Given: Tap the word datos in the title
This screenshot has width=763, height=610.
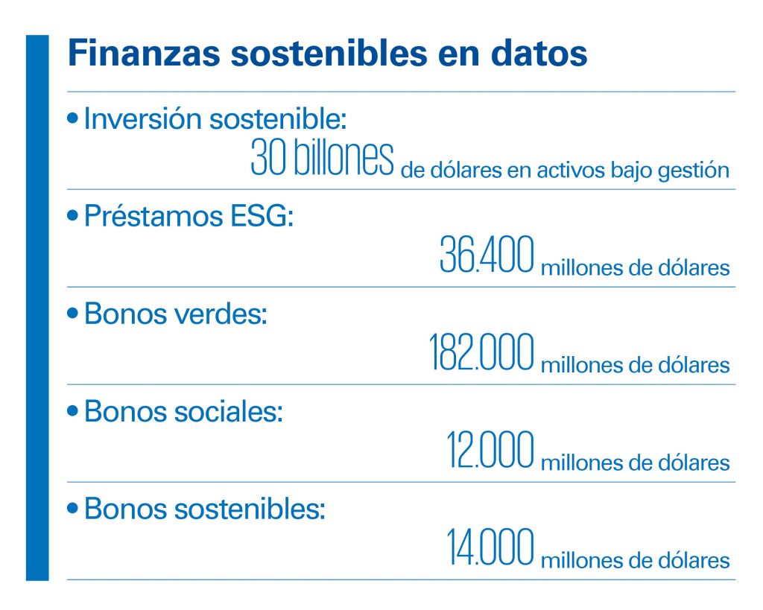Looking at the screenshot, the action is [539, 53].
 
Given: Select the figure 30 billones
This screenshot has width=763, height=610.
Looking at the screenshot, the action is [322, 158].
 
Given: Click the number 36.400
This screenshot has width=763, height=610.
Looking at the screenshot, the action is [487, 254].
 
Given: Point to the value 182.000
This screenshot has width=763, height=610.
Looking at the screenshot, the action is [481, 352].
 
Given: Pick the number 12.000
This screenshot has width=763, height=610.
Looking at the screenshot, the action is [490, 449].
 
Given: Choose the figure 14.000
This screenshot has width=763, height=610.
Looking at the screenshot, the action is [490, 547].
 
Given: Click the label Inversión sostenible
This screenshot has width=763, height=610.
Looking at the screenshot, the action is [215, 118].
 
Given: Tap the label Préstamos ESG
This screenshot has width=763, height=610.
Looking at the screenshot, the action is [189, 215].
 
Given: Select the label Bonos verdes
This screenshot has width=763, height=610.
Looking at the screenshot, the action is [176, 314].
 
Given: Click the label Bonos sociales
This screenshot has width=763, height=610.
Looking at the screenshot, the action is [183, 412].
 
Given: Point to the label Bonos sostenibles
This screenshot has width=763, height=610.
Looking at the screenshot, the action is [204, 509].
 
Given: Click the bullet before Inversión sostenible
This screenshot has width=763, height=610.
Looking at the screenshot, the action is [72, 118].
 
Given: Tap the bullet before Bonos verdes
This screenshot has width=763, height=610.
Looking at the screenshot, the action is [72, 314].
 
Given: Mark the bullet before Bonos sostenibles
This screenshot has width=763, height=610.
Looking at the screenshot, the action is [72, 509].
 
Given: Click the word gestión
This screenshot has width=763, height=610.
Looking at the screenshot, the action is [694, 171].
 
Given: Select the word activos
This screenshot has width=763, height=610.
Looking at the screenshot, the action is [571, 171].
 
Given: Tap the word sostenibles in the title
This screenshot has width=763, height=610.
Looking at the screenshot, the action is [329, 53].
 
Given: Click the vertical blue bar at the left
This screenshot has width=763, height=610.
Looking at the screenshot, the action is [37, 308].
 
